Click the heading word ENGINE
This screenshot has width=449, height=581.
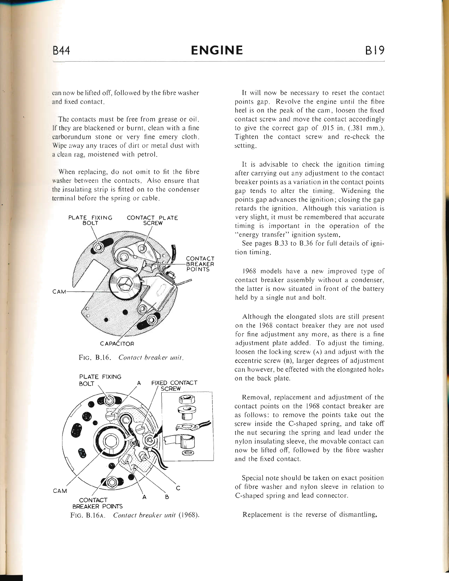tap(217, 50)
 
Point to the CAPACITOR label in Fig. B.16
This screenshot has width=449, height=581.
tap(117, 344)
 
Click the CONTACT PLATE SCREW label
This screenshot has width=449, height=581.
tap(152, 220)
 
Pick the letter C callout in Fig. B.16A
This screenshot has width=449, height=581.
tap(178, 488)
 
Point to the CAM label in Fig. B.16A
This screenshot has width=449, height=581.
tap(60, 491)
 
